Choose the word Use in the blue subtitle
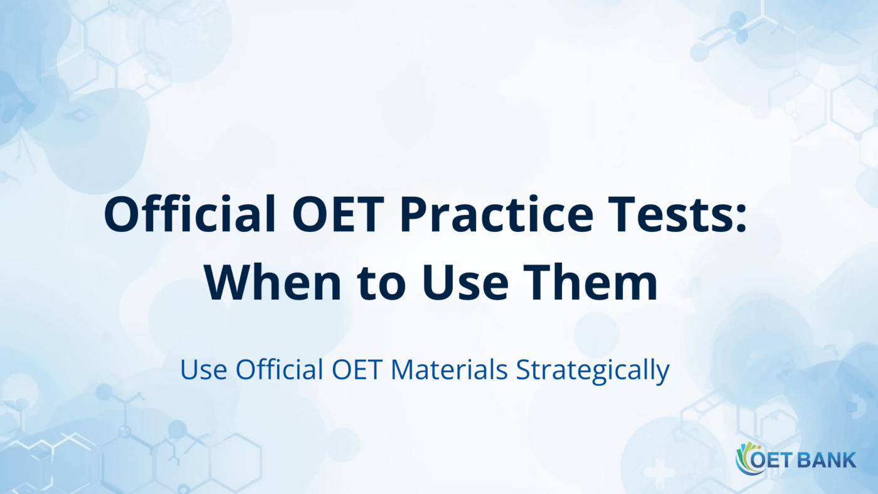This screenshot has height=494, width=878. [x=205, y=370]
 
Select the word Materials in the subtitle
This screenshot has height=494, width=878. [x=449, y=370]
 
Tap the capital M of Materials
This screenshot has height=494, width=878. [x=403, y=370]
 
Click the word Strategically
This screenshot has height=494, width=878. [x=592, y=371]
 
